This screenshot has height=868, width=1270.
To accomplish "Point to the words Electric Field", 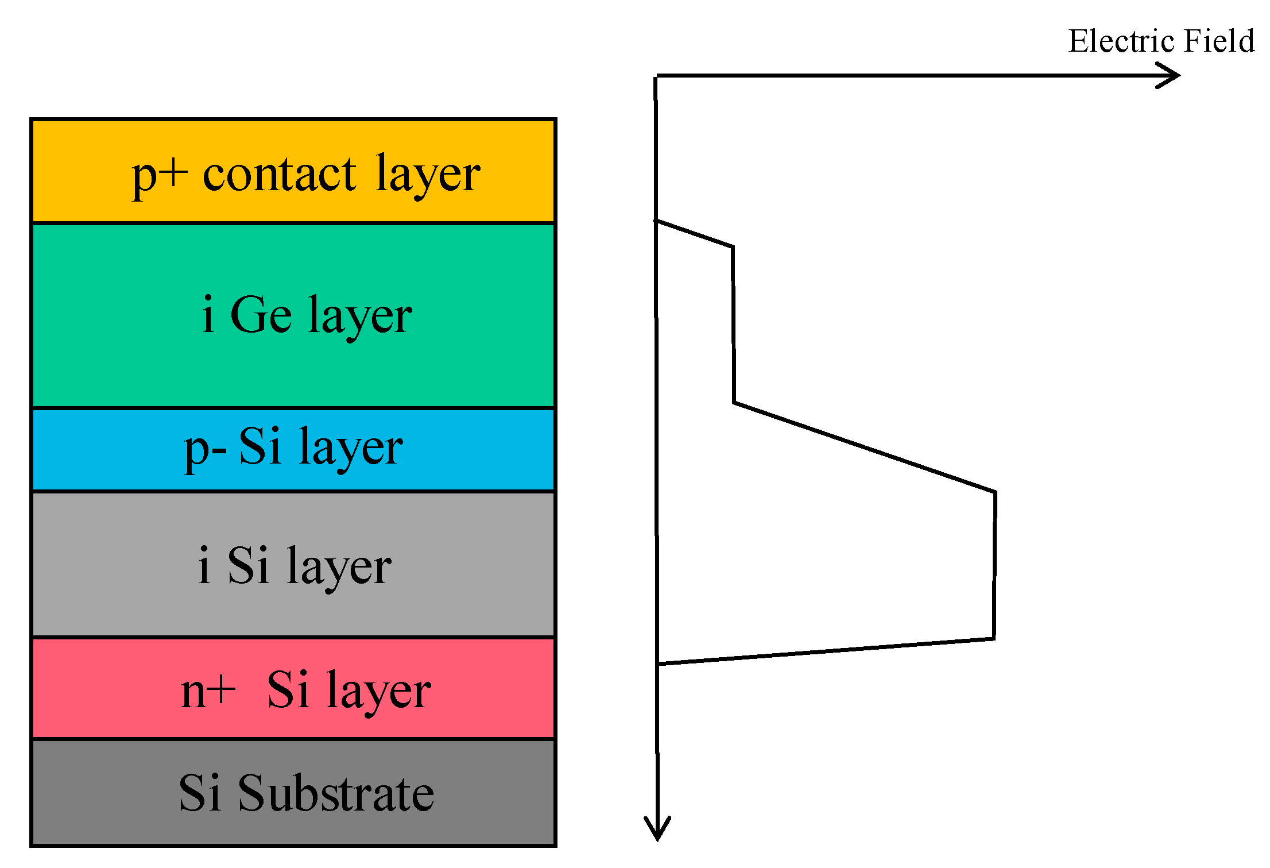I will (1160, 41).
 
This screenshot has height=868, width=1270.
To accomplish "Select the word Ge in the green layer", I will (261, 315).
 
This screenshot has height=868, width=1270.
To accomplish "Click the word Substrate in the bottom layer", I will (336, 794).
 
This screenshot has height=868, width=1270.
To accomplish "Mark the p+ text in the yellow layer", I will (160, 175).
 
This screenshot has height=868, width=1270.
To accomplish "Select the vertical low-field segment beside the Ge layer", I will (733, 325).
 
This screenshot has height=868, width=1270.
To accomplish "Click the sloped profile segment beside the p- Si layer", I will (864, 447).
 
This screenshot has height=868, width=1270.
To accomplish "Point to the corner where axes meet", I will (656, 76).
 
